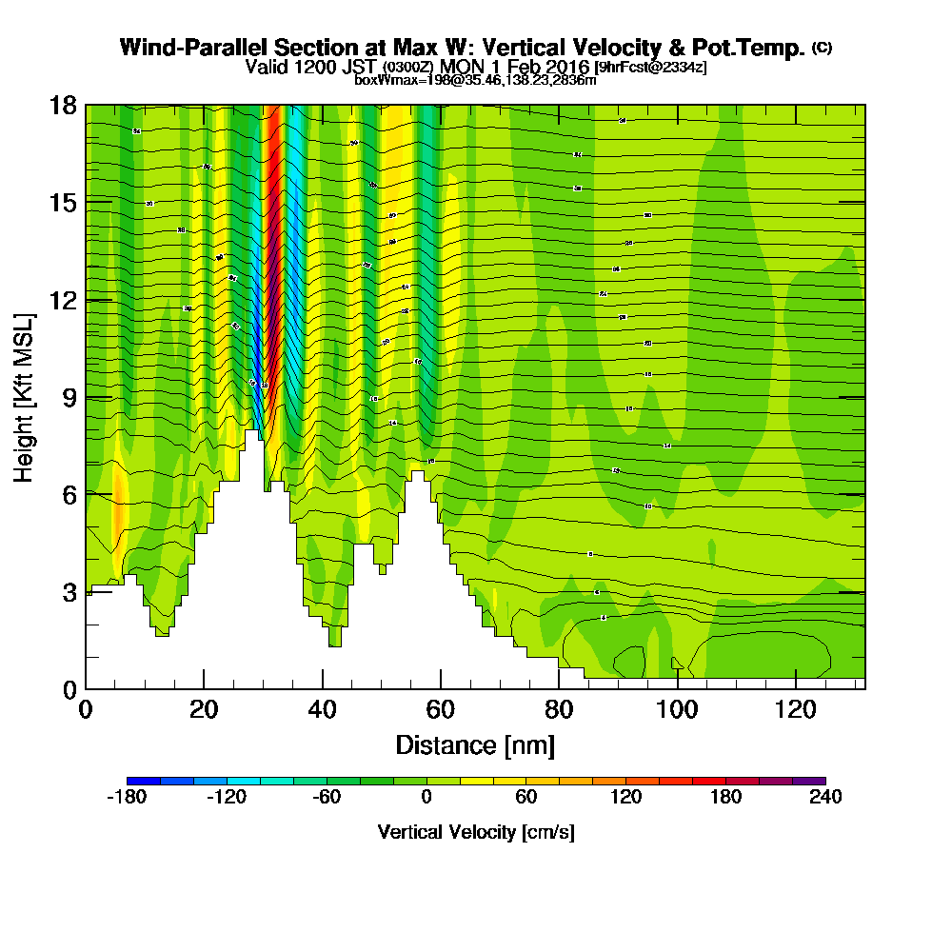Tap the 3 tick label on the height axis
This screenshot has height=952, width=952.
click(x=69, y=592)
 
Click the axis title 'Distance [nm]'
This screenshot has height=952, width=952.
click(x=475, y=744)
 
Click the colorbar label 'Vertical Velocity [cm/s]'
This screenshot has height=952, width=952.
click(x=475, y=833)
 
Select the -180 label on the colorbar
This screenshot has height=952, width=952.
click(x=127, y=798)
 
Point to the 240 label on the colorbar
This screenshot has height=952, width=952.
click(x=825, y=798)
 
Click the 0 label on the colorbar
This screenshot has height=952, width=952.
click(x=426, y=798)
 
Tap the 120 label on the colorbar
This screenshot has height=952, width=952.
click(x=625, y=798)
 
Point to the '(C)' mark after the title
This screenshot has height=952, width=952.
click(x=822, y=47)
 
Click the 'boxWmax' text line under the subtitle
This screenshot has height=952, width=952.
click(x=475, y=80)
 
